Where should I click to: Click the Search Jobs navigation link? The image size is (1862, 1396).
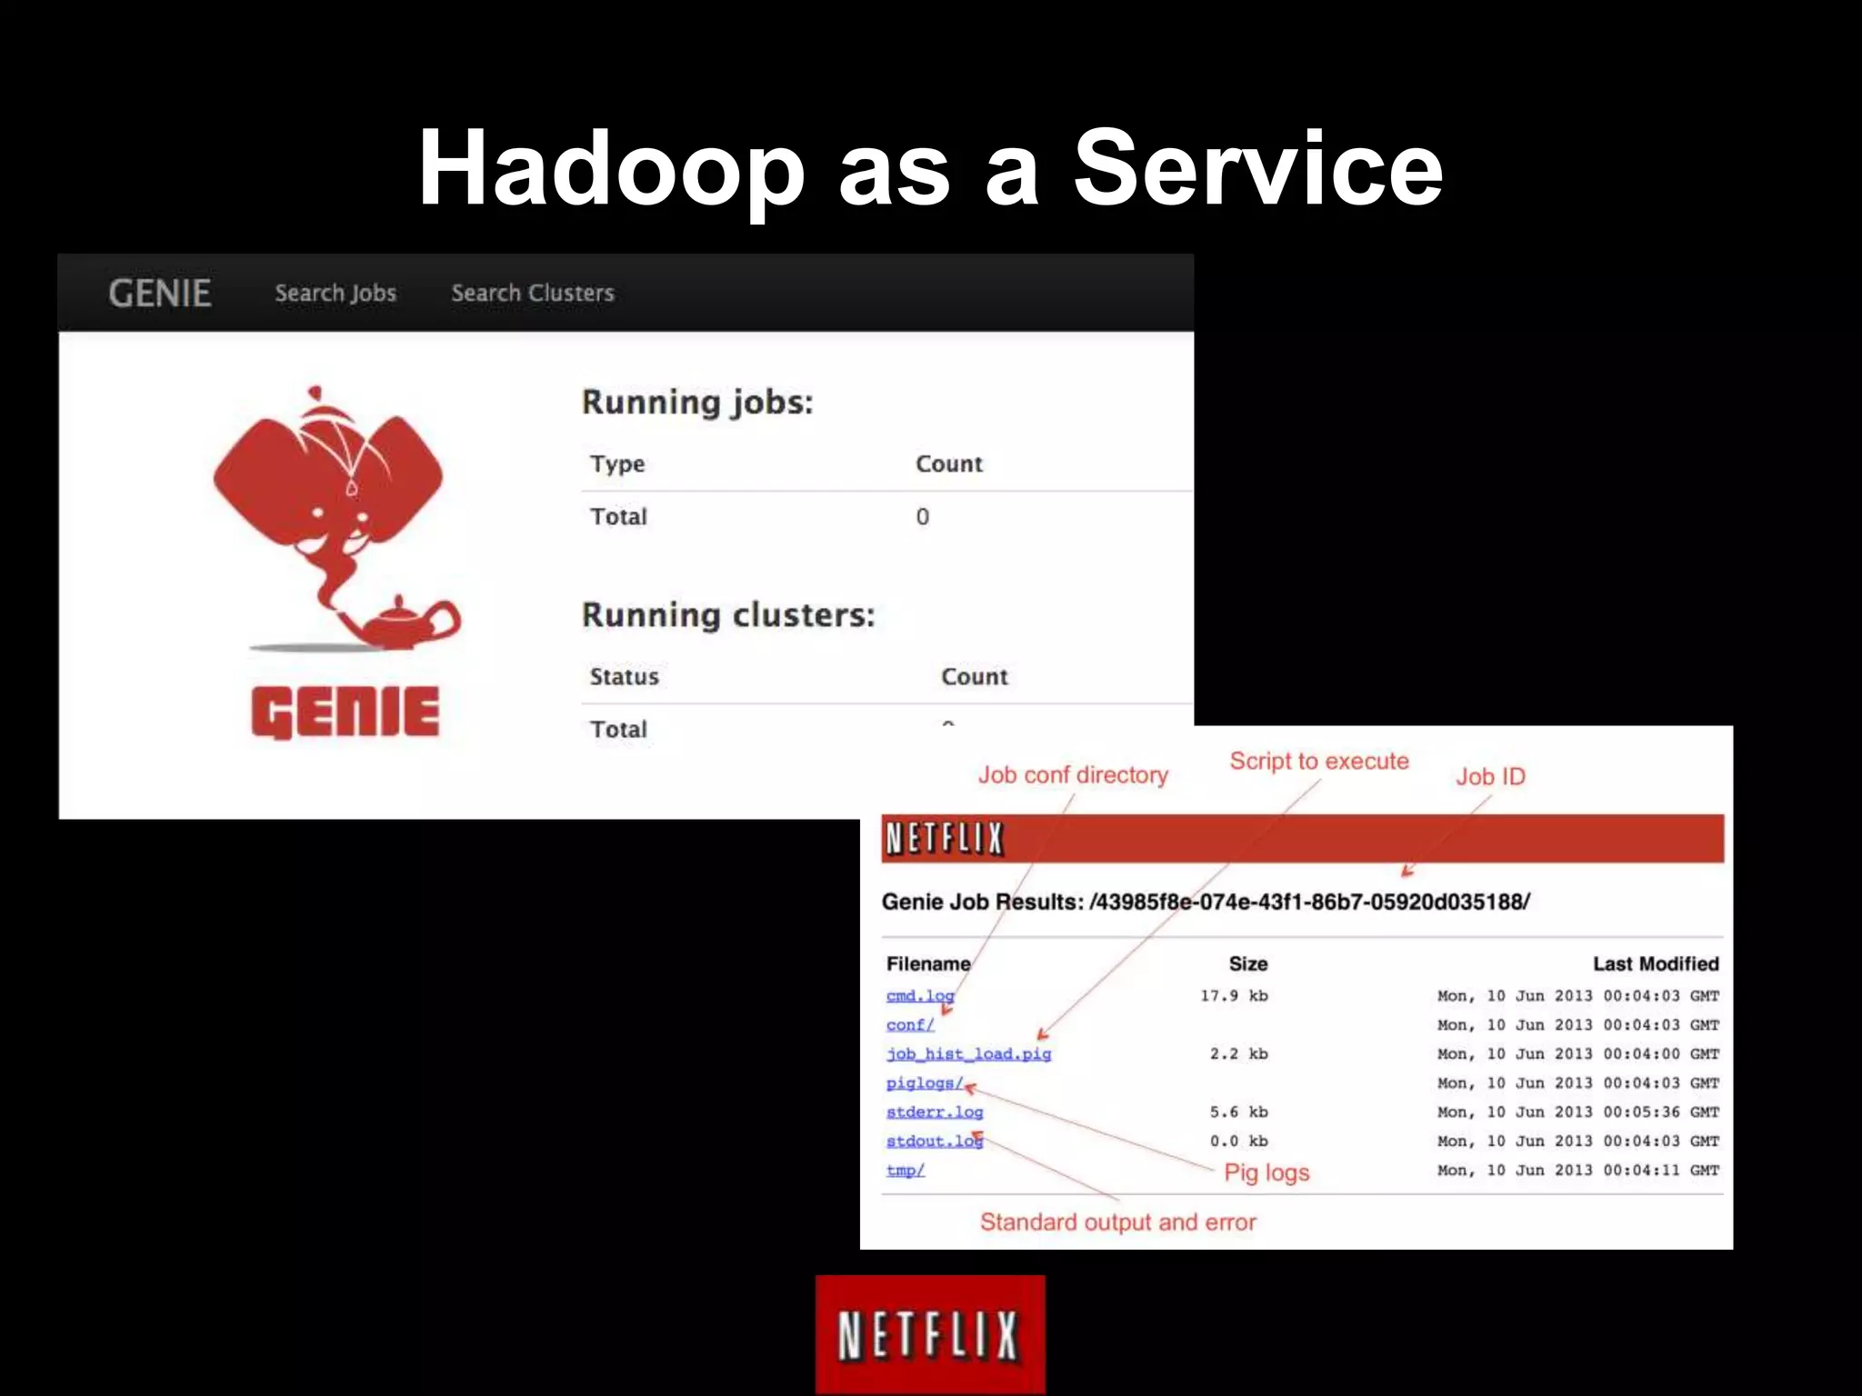(335, 293)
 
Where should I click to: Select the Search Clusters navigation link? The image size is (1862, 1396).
(533, 293)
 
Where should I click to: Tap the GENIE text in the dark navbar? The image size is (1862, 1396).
(160, 293)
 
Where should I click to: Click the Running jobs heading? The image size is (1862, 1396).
(697, 402)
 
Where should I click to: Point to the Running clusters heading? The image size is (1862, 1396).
(727, 614)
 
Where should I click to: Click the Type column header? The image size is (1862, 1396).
(617, 464)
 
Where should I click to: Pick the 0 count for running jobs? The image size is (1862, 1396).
(922, 516)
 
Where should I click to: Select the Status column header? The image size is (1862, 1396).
(624, 676)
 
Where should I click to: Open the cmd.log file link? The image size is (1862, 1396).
(919, 995)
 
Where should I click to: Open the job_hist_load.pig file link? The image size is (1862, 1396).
(968, 1053)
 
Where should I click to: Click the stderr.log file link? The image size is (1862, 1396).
(935, 1112)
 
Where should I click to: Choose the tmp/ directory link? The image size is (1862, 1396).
(906, 1170)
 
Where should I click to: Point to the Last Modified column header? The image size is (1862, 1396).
(1656, 963)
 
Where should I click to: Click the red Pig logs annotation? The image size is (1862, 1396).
(1266, 1172)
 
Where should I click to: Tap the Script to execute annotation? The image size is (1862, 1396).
(1319, 761)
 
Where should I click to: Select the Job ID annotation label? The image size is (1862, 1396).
(1490, 776)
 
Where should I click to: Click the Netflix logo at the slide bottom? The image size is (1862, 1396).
(930, 1334)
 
